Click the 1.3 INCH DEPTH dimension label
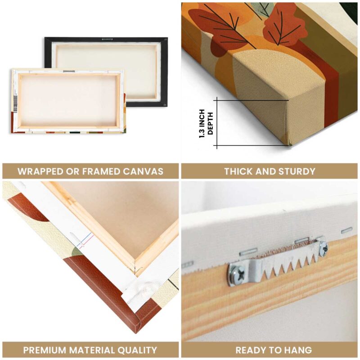click(206, 123)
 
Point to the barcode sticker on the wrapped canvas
click(15, 104)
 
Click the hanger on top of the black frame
click(107, 39)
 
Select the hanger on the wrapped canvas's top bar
click(69, 72)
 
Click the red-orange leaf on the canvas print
click(283, 27)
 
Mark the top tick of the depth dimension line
click(217, 100)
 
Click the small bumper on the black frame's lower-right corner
click(164, 104)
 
